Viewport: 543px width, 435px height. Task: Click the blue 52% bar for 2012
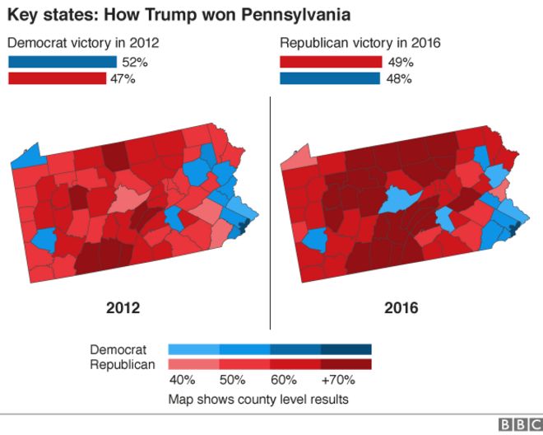click(x=63, y=62)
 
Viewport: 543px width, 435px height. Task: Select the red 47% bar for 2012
click(x=57, y=78)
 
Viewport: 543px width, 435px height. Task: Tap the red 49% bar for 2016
click(x=331, y=62)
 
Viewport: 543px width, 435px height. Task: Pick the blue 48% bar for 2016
click(x=330, y=78)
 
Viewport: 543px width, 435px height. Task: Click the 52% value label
click(x=135, y=63)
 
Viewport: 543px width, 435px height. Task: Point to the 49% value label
click(x=401, y=63)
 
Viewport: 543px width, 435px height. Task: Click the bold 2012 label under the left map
click(x=123, y=307)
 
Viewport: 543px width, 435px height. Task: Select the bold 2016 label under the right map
click(x=401, y=307)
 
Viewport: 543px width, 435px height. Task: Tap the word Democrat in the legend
click(x=118, y=349)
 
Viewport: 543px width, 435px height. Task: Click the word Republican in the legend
click(x=123, y=365)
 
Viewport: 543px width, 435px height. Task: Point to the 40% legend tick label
click(x=182, y=380)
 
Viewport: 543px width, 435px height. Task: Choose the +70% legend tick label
click(x=338, y=380)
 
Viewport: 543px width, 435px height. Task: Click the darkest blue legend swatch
click(x=346, y=349)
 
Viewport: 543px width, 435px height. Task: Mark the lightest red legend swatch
click(x=193, y=364)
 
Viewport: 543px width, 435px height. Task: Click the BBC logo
click(x=520, y=424)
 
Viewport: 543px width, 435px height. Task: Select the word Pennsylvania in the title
click(x=295, y=16)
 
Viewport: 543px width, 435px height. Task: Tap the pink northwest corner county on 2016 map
click(x=299, y=158)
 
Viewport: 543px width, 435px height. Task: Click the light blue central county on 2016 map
click(x=400, y=199)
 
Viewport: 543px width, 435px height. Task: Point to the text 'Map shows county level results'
click(x=258, y=399)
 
